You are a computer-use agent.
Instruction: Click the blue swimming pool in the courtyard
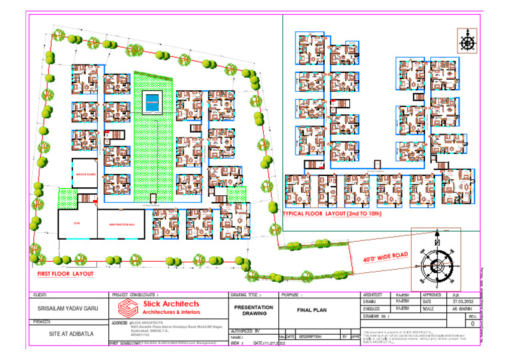pyautogui.click(x=153, y=102)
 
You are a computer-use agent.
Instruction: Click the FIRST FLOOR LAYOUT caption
pyautogui.click(x=64, y=274)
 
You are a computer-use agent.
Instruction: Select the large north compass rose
pyautogui.click(x=436, y=264)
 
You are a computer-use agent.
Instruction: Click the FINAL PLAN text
pyautogui.click(x=319, y=309)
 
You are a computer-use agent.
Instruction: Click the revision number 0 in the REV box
pyautogui.click(x=472, y=325)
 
